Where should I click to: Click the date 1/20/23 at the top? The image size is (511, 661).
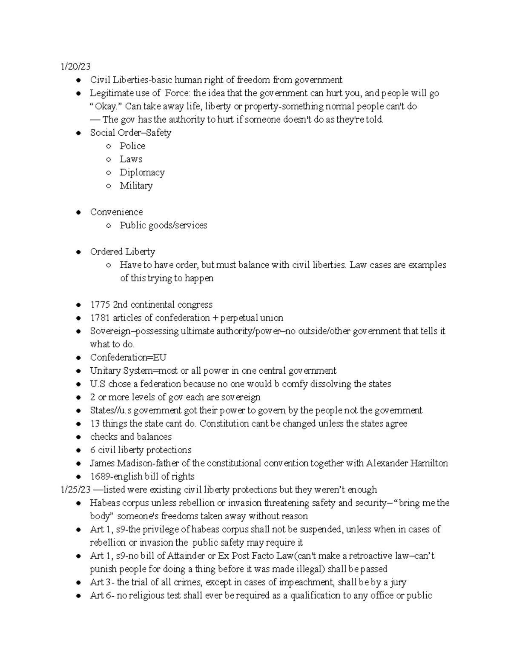(75, 66)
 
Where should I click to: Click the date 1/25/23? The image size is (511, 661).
(76, 489)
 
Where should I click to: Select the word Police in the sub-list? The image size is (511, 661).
(132, 146)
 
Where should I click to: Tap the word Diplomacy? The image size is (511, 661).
(142, 172)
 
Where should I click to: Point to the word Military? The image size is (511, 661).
(136, 186)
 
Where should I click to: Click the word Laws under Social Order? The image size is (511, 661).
(131, 159)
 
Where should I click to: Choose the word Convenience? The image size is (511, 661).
(116, 212)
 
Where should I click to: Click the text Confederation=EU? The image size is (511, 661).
(128, 358)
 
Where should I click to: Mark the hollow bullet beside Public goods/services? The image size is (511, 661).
(109, 226)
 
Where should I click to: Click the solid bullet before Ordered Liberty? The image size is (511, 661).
(78, 252)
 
